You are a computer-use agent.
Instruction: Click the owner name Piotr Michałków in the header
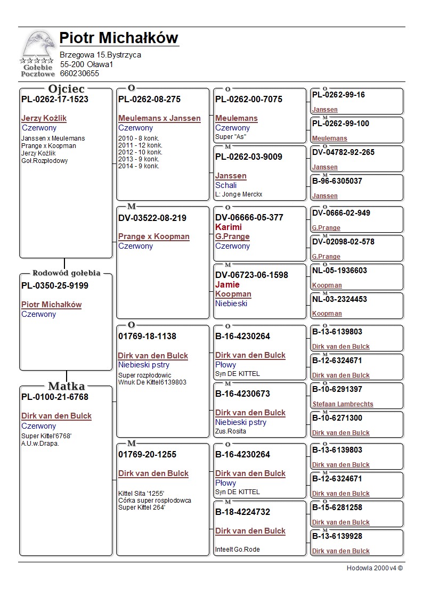point(119,38)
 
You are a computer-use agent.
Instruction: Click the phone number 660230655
point(79,73)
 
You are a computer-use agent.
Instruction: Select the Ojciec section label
point(66,89)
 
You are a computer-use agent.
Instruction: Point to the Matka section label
point(66,386)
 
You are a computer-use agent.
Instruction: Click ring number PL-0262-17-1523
point(55,99)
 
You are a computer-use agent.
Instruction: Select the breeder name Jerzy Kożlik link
point(44,118)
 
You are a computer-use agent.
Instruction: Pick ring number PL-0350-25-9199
point(55,286)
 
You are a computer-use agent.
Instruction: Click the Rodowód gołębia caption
point(66,273)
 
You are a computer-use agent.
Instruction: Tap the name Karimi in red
point(229,227)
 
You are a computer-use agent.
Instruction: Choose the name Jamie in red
point(227,284)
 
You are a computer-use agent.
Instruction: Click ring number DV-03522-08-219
point(152,218)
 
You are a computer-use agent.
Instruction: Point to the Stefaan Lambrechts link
point(343,404)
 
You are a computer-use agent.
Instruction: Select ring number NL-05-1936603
point(339,271)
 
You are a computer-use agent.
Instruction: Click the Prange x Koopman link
point(153,236)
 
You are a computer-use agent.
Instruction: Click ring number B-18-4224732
point(242,512)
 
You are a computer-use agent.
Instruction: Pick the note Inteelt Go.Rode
point(237,550)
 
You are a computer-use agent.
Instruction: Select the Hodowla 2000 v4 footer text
point(375,568)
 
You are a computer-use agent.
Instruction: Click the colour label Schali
point(226,185)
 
